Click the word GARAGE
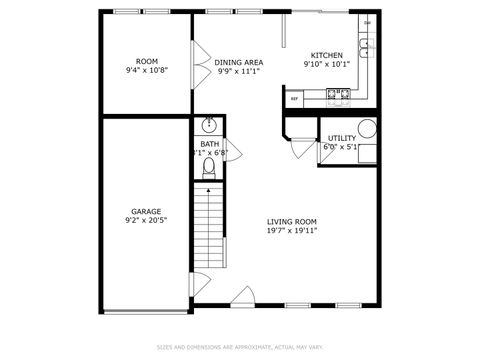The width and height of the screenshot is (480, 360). pos(146,211)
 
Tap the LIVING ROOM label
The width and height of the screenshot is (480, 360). pos(292,221)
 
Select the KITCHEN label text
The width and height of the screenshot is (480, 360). pos(327,55)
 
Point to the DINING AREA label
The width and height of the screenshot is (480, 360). pos(239,62)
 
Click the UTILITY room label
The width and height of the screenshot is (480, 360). pos(341,138)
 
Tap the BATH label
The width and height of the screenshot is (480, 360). pos(209,144)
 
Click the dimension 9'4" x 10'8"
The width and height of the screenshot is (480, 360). pos(147,71)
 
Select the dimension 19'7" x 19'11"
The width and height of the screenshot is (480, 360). pos(292,230)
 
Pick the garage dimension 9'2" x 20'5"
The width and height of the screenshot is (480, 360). pos(146,220)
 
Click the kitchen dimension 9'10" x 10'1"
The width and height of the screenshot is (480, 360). pos(327,64)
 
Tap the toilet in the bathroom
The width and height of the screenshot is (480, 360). pos(208,168)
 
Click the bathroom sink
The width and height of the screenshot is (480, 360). pos(208,126)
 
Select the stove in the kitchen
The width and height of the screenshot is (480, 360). pos(338,96)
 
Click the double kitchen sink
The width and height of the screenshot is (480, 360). pos(367,45)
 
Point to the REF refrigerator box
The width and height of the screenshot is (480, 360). pos(295,99)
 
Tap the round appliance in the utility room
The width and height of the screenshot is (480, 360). pos(367,128)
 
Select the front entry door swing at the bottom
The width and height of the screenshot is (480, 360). pos(243,297)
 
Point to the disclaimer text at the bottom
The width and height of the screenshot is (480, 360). pos(240,347)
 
